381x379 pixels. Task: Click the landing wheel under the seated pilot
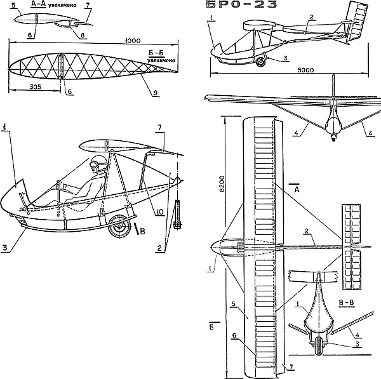click(117, 225)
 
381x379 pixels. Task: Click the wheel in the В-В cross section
click(319, 351)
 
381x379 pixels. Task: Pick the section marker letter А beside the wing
click(294, 189)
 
